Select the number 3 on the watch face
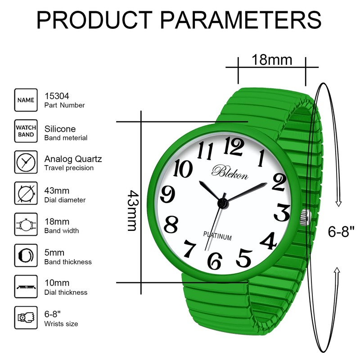282,212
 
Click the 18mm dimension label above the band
265,59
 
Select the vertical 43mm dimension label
131,210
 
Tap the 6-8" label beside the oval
341,232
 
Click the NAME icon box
26,100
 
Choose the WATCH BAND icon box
26,131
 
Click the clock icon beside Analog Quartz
26,162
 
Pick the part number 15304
57,95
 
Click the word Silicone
60,129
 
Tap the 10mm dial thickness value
57,283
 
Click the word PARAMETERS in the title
241,20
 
